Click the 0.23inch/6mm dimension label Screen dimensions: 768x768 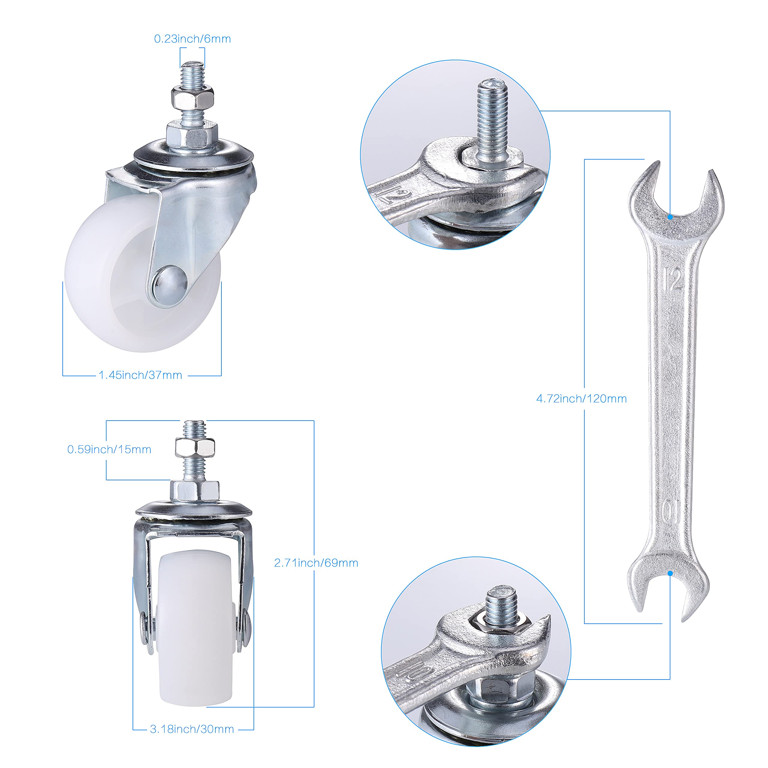(x=192, y=39)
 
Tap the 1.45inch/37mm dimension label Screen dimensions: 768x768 (x=140, y=375)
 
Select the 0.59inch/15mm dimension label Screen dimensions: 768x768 (x=109, y=450)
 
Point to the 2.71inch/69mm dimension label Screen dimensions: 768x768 (x=316, y=563)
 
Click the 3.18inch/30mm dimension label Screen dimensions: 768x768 (x=192, y=729)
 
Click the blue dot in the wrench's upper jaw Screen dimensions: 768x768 (x=670, y=217)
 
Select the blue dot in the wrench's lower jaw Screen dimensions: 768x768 (x=670, y=573)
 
